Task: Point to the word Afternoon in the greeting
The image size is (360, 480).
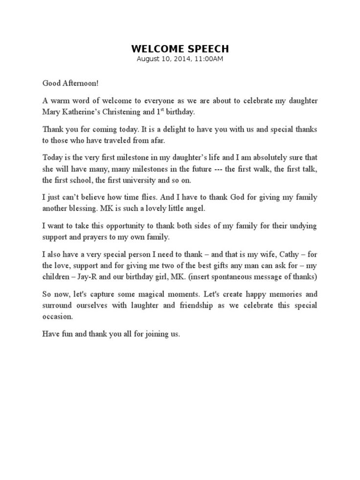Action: pyautogui.click(x=84, y=83)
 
